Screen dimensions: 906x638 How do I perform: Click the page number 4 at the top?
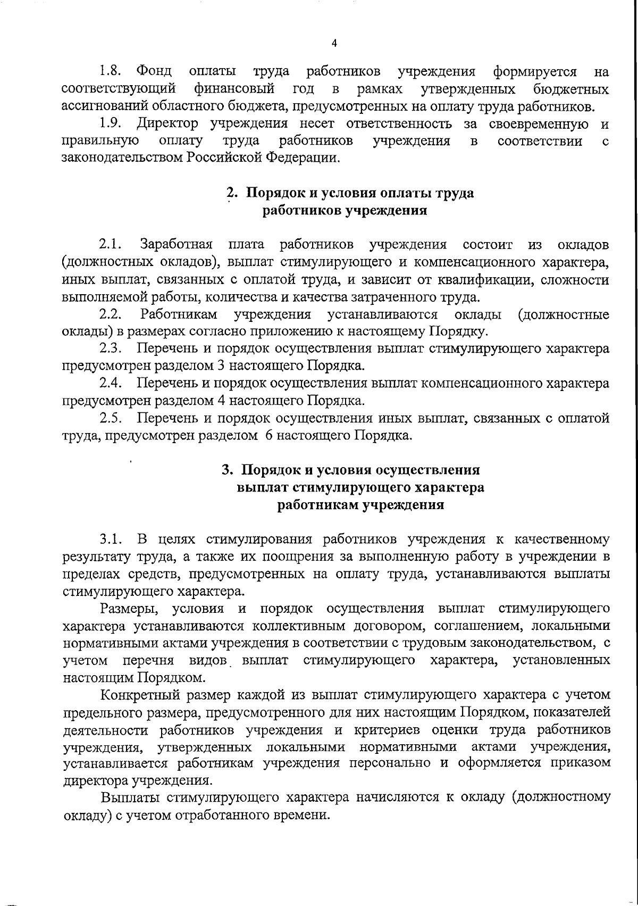point(333,44)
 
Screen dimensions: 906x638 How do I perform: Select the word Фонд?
point(154,71)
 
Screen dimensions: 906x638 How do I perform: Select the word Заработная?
point(177,245)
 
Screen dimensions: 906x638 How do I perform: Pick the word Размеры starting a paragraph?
point(127,609)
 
